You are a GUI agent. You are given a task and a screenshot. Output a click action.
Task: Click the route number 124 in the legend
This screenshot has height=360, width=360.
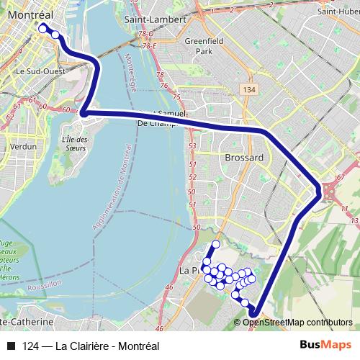tap(31, 345)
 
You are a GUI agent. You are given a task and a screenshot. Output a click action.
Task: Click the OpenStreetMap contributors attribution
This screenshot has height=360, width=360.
tap(297, 322)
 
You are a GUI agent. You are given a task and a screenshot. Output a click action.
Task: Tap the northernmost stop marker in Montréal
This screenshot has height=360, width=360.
tap(43, 28)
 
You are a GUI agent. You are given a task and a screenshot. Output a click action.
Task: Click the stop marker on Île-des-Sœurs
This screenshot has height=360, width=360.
tap(84, 112)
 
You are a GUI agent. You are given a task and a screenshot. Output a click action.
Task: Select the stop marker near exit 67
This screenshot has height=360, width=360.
tap(319, 190)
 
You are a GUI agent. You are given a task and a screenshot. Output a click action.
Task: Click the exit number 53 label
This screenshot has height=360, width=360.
tap(192, 146)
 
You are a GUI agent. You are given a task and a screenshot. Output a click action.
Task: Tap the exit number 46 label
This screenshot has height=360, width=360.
tap(170, 287)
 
